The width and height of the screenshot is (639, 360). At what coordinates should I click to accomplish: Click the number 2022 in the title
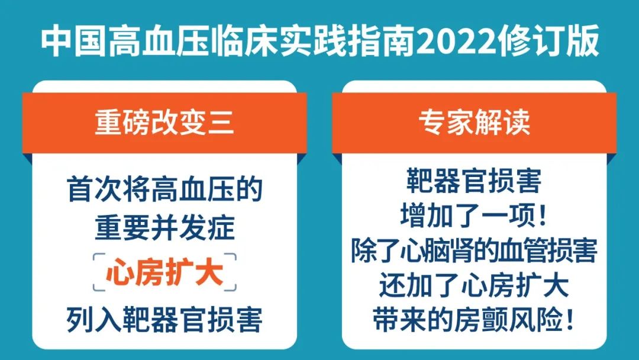[x=459, y=41]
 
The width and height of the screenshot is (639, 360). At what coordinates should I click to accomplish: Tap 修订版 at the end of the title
[x=550, y=41]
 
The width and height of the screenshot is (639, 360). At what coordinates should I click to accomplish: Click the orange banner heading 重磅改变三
[x=164, y=122]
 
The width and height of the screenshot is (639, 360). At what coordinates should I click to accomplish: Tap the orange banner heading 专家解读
[x=475, y=122]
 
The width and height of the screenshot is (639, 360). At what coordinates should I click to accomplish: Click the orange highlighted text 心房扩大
[x=164, y=272]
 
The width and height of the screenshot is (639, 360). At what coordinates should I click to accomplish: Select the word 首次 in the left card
[x=95, y=189]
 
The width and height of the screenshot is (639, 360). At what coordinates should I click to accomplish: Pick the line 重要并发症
[x=164, y=228]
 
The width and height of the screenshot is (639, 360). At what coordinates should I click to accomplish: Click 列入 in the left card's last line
[x=94, y=320]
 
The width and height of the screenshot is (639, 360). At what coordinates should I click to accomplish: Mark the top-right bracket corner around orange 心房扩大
[x=235, y=255]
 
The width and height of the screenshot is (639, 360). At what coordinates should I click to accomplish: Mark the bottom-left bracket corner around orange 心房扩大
[x=95, y=290]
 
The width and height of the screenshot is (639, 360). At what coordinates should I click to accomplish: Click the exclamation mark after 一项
[x=541, y=215]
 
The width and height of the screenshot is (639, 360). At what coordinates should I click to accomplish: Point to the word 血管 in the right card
[x=518, y=250]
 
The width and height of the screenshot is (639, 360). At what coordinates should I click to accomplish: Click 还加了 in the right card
[x=420, y=285]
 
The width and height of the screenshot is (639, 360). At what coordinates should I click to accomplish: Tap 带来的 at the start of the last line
[x=413, y=320]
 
